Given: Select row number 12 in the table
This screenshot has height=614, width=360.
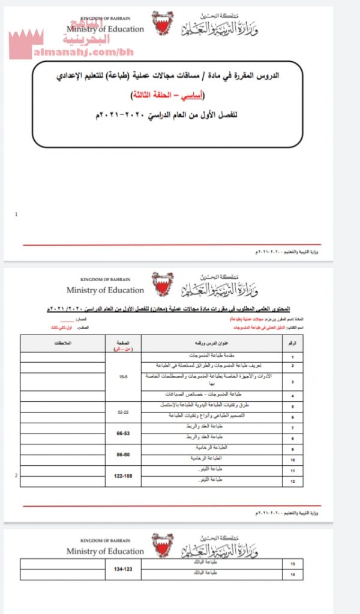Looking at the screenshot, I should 292,481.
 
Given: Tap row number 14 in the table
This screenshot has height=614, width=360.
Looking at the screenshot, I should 292,574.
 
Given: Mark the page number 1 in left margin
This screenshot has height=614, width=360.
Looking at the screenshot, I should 16,213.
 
